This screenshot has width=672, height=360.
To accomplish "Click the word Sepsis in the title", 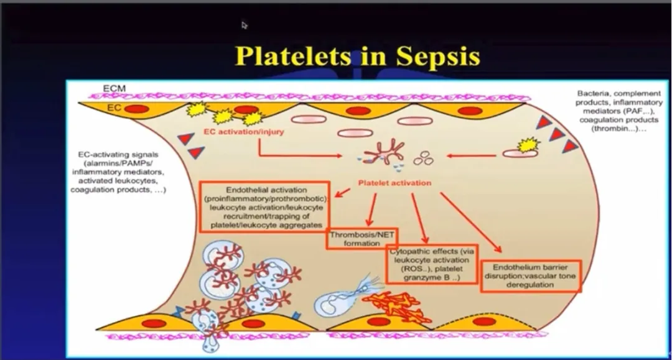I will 429,56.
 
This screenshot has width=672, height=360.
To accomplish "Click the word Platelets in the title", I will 293,56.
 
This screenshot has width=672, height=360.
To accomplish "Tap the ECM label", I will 114,89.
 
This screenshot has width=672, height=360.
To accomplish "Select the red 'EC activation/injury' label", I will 241,132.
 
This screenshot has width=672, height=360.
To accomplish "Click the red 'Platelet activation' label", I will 394,183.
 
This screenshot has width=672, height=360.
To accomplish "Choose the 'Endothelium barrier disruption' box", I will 531,276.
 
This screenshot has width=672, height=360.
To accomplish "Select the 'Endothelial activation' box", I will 263,206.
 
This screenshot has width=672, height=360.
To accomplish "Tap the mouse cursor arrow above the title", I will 245,25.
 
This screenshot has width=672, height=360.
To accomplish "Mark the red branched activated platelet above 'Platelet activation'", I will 384,152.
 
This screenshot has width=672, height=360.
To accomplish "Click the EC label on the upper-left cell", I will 114,108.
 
